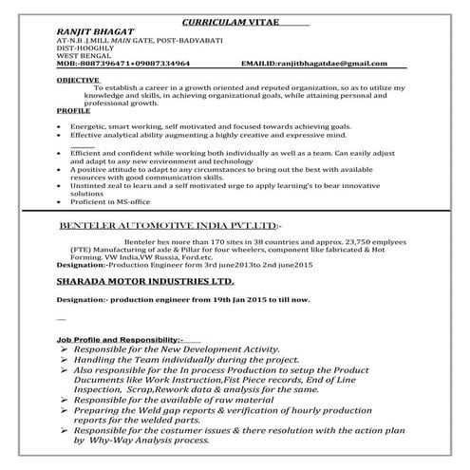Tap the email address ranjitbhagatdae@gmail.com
[x=329, y=62]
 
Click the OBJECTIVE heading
[x=78, y=81]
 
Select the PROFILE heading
[x=74, y=110]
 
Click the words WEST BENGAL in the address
[x=86, y=54]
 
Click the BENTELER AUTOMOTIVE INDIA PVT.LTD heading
[x=169, y=228]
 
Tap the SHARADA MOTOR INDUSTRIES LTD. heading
[x=150, y=282]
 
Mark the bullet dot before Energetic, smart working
[x=60, y=125]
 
